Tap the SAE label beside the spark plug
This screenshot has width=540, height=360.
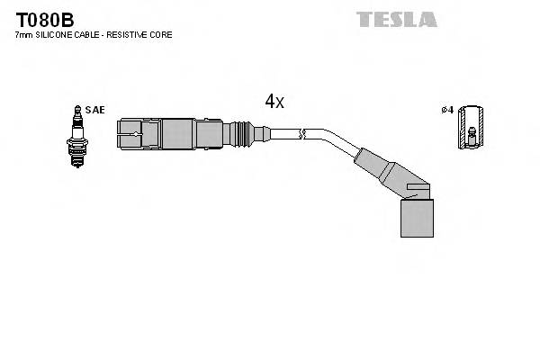coord(96,110)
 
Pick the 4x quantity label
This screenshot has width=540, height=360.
coord(274,103)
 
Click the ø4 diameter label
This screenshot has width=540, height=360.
coord(446,110)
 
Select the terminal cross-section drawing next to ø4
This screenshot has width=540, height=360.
coord(468,127)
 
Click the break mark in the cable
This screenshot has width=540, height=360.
coord(305,135)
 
